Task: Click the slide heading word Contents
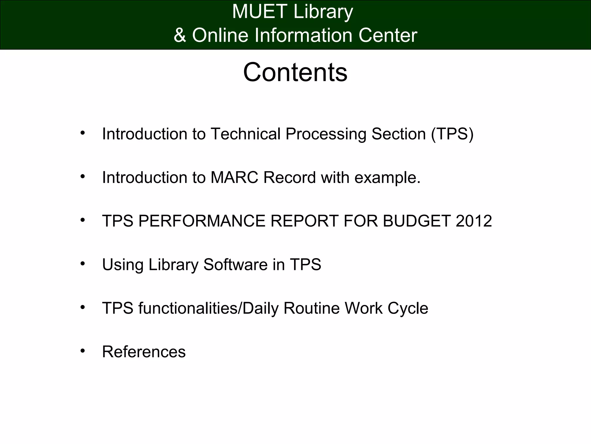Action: [x=295, y=72]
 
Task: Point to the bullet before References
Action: [x=83, y=351]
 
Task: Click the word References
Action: [x=144, y=352]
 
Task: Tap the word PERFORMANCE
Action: [x=201, y=221]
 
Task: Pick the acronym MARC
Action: [x=234, y=177]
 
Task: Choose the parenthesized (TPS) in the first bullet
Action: [x=452, y=134]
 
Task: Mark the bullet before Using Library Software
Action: [x=83, y=264]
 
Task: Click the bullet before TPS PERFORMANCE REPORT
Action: [x=83, y=220]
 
